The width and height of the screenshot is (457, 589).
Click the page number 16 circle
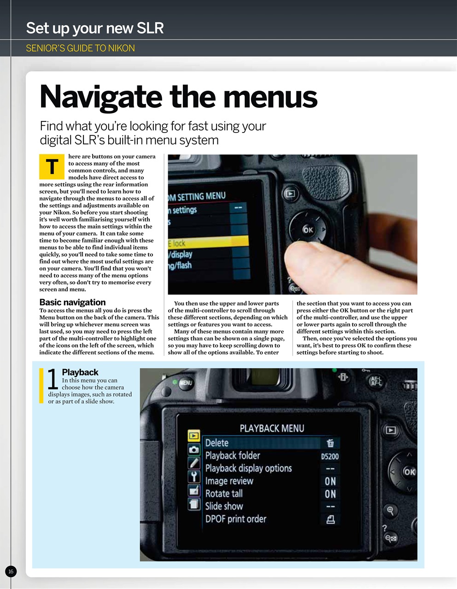point(11,572)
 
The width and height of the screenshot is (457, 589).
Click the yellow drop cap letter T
point(52,167)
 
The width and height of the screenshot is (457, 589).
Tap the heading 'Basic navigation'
point(72,302)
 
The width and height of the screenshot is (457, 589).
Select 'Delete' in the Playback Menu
point(217,443)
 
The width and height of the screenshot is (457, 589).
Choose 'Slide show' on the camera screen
point(224,506)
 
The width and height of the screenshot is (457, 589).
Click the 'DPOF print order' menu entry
point(236,519)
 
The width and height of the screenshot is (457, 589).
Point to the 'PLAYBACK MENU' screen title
point(272,428)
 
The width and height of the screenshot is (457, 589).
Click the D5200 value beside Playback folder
point(330,456)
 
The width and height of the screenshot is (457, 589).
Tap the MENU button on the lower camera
point(186,383)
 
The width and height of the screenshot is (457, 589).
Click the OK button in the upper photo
point(308,230)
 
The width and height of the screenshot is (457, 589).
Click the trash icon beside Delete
point(330,443)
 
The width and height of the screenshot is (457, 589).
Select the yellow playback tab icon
point(193,435)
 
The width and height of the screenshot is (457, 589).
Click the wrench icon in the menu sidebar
point(194,476)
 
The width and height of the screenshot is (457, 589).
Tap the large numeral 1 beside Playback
point(53,380)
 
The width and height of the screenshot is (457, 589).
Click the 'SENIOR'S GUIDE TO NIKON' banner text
point(80,48)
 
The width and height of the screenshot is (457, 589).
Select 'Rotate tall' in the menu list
point(224,494)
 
